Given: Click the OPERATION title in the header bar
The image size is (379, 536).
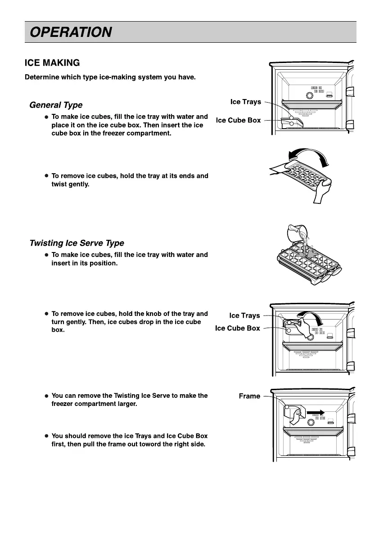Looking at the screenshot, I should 71,32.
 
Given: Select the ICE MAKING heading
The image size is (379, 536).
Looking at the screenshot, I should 52,63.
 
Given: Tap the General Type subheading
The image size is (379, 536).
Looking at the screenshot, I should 56,105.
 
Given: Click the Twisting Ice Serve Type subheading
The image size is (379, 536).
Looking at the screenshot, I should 77,243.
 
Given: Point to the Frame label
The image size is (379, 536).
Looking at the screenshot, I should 249,396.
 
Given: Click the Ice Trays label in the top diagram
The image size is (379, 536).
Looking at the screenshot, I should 245,102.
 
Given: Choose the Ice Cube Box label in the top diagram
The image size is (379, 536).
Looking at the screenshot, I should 238,120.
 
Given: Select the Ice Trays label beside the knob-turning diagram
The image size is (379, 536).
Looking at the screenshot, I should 244,315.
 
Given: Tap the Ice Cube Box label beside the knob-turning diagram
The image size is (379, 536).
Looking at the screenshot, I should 238,328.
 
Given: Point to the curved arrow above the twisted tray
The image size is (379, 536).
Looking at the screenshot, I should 311,155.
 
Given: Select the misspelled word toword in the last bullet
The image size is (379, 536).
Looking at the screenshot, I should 163,444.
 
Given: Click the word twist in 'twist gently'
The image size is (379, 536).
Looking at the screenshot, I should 60,184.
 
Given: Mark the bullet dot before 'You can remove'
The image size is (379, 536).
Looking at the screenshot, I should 46,396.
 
